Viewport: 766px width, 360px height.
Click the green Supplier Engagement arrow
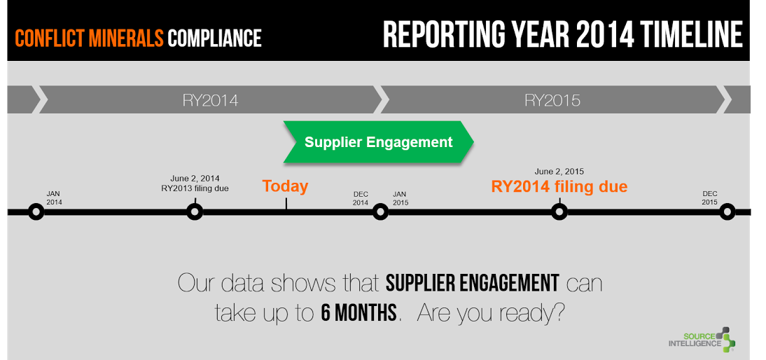pos(378,142)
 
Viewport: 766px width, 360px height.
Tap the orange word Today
pos(285,186)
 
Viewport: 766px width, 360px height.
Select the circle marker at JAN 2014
pos(36,212)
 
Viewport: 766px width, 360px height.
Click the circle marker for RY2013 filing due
pos(195,212)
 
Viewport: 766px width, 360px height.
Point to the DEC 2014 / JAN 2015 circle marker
pos(380,212)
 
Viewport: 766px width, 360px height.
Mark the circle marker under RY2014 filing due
pos(559,212)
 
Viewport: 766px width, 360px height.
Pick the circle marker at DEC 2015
pos(727,212)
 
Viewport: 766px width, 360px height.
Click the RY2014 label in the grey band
pos(211,101)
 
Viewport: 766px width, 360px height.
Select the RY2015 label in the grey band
pos(552,101)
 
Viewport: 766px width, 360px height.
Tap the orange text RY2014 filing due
pos(559,186)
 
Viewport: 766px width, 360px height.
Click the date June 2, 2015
pos(559,172)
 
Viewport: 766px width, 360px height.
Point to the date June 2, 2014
pos(195,179)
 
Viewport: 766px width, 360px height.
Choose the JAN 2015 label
pos(401,198)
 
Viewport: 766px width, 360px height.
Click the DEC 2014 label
pos(361,198)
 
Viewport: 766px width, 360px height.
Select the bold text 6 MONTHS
pos(358,313)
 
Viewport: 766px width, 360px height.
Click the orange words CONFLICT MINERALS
pos(89,38)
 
